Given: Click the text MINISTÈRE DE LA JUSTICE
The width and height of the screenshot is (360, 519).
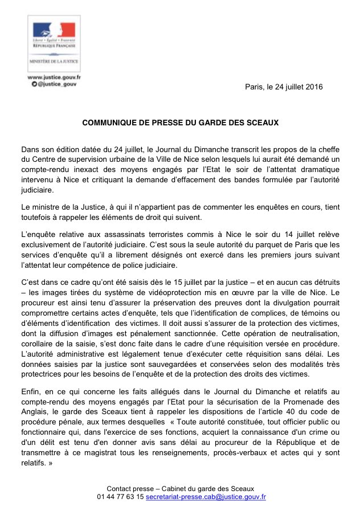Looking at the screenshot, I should point(55,60).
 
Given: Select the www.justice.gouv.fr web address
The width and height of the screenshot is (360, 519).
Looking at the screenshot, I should point(54,76).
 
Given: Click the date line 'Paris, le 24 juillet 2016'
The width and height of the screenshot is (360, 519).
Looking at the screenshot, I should point(284,87).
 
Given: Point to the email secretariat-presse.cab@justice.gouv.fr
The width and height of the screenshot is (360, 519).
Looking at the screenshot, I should point(206,497).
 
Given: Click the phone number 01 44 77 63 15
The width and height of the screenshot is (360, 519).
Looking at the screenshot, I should point(120,497).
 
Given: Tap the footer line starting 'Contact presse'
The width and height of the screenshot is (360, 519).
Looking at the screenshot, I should point(180,489).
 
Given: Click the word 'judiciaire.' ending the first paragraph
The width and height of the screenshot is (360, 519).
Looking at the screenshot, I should point(38,190).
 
